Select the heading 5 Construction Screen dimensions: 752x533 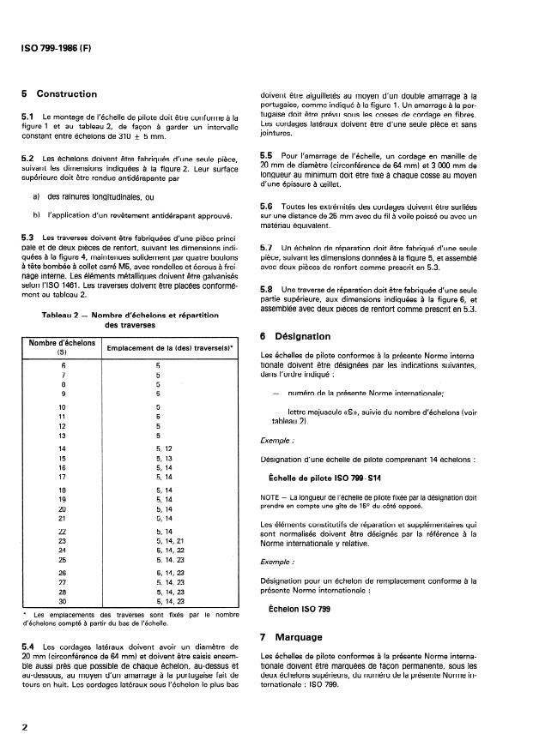(x=58, y=94)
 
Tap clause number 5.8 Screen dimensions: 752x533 (x=266, y=290)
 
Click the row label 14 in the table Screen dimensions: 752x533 (x=61, y=448)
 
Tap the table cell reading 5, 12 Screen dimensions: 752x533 (x=166, y=448)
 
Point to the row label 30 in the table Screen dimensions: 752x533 (x=61, y=601)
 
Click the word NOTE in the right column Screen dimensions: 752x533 (x=270, y=496)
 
